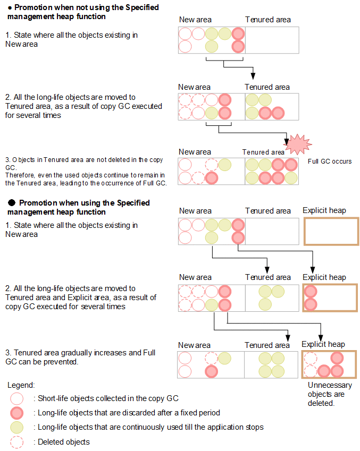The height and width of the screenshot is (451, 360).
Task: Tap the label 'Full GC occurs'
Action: [330, 161]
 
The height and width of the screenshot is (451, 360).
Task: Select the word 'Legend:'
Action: [22, 385]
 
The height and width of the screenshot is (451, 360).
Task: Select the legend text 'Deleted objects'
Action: [63, 442]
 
